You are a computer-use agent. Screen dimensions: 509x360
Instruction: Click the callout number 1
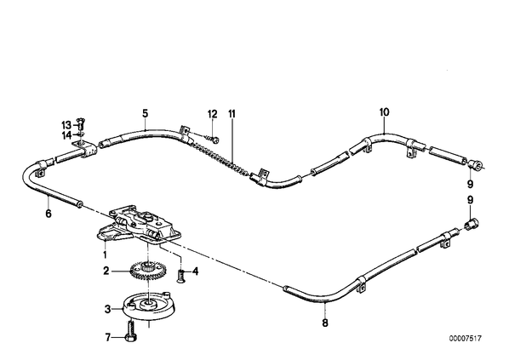coord(105,254)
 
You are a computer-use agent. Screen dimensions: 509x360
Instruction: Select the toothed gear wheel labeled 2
coord(148,270)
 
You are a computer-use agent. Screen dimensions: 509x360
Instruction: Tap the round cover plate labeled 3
coord(149,306)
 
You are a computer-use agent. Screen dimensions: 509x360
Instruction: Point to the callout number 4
coord(195,271)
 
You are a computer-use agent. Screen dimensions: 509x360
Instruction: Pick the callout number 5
coord(145,113)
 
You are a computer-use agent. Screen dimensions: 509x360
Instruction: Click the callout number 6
coord(49,214)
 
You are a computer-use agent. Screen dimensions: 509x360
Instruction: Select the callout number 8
coord(325,323)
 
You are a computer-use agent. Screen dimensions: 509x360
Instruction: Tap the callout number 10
coord(384,112)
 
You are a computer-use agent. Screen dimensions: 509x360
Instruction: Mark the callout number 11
coord(232,114)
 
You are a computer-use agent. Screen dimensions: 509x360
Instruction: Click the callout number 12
coord(212,114)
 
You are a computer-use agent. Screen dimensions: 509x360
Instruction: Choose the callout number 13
coord(66,125)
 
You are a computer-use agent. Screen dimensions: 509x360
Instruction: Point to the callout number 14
coord(66,135)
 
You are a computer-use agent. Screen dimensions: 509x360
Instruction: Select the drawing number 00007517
coord(466,338)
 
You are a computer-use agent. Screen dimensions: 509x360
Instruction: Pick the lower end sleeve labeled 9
coord(472,224)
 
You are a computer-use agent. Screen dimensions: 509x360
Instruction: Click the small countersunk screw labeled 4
coord(181,276)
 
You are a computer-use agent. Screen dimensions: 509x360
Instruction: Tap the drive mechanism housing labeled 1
coord(138,225)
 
